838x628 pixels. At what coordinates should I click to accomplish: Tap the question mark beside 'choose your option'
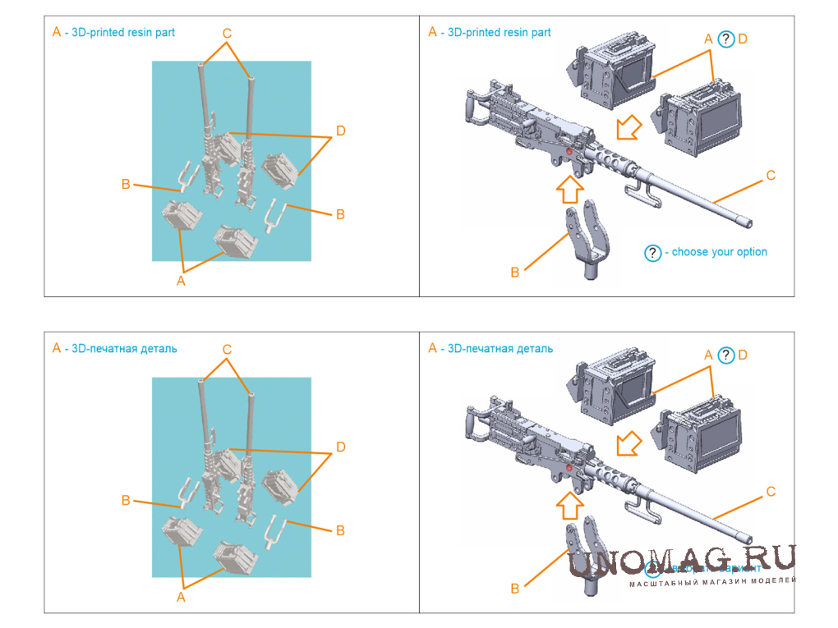click(x=653, y=253)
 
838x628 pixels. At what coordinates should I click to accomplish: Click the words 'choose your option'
click(x=719, y=252)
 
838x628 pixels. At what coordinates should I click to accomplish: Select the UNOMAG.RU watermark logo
click(x=682, y=560)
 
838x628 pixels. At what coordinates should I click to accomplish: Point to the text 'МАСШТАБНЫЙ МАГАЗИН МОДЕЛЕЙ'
click(x=713, y=582)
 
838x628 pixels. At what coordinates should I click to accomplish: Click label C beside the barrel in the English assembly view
click(x=770, y=175)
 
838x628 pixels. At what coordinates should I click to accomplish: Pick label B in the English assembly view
click(x=515, y=272)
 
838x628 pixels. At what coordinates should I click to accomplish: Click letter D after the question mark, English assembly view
click(x=743, y=39)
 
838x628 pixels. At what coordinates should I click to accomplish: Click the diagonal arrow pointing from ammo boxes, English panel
click(x=629, y=128)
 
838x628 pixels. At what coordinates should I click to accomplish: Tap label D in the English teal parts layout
click(x=340, y=131)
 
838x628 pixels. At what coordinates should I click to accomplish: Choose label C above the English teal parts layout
click(x=227, y=34)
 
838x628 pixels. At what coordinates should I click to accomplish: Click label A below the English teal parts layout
click(x=181, y=281)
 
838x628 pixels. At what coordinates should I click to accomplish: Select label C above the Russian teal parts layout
click(x=227, y=350)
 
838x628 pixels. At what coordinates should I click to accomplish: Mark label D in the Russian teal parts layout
click(x=340, y=447)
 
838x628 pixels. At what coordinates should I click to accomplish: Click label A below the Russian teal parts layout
click(x=181, y=597)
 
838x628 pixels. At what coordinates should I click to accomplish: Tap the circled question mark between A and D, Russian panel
click(x=725, y=355)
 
